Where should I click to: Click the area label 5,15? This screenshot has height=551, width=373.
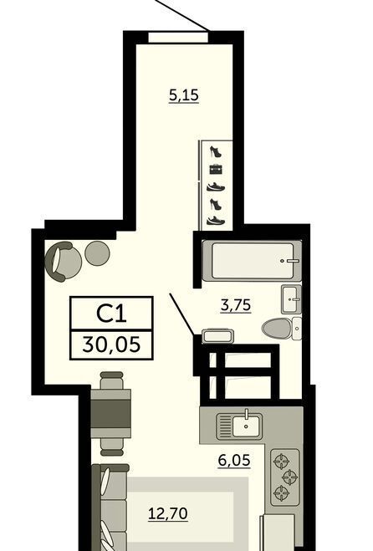pyautogui.click(x=184, y=95)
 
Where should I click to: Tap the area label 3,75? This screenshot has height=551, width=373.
pyautogui.click(x=236, y=304)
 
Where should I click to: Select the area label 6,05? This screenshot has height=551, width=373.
pyautogui.click(x=234, y=460)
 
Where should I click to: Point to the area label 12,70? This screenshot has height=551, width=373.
pyautogui.click(x=168, y=513)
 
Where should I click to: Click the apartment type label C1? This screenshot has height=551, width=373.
pyautogui.click(x=111, y=314)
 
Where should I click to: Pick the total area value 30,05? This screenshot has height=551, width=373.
pyautogui.click(x=111, y=344)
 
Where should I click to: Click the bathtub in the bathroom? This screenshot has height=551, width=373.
pyautogui.click(x=253, y=260)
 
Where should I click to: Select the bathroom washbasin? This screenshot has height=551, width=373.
pyautogui.click(x=291, y=299)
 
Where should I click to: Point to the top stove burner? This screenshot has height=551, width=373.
pyautogui.click(x=283, y=462)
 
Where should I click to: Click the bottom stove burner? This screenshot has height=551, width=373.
pyautogui.click(x=283, y=492)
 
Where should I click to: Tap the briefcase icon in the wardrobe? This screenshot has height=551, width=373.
pyautogui.click(x=217, y=170)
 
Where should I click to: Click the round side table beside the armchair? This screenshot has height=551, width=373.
pyautogui.click(x=97, y=253)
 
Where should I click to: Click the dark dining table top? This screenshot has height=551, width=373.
pyautogui.click(x=110, y=413)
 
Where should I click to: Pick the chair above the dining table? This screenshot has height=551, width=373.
pyautogui.click(x=112, y=380)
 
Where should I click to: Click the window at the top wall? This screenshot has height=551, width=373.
pyautogui.click(x=178, y=37)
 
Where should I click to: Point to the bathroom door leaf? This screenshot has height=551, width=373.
pyautogui.click(x=182, y=314)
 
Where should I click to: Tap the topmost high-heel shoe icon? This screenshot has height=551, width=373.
pyautogui.click(x=216, y=152)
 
